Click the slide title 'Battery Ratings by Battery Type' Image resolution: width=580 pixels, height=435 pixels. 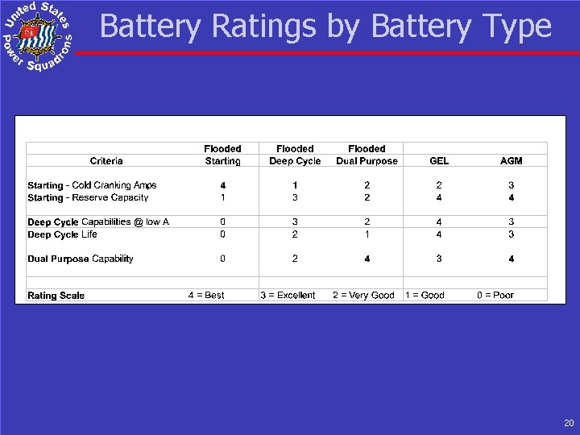point(325,27)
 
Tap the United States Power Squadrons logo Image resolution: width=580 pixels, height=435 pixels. point(36,36)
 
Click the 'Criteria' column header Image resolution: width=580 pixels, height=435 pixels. point(106,160)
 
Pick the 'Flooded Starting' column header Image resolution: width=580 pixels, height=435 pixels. point(222,155)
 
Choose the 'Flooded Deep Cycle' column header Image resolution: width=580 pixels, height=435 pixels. point(295,155)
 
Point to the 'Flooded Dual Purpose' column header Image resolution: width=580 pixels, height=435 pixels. point(367,155)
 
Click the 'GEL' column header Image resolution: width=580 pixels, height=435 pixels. point(439,160)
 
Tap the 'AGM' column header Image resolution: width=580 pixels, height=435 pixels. point(511,160)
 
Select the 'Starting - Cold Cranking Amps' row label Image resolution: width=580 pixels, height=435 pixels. point(92,185)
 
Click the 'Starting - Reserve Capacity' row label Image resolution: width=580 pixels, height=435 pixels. point(88,197)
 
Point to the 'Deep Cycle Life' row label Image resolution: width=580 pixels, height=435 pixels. point(62,234)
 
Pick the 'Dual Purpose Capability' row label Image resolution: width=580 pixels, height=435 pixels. point(81,259)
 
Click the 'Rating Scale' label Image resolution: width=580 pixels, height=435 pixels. point(56,296)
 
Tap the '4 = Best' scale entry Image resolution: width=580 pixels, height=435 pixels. point(206,296)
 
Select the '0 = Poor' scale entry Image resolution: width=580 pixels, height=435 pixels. point(495,296)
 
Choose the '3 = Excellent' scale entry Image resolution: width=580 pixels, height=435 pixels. point(288,296)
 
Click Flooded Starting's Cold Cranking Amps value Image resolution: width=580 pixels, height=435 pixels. point(222,185)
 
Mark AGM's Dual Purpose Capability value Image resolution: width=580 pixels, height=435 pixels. point(511,259)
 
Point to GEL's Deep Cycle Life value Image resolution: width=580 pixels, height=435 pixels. point(439,234)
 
